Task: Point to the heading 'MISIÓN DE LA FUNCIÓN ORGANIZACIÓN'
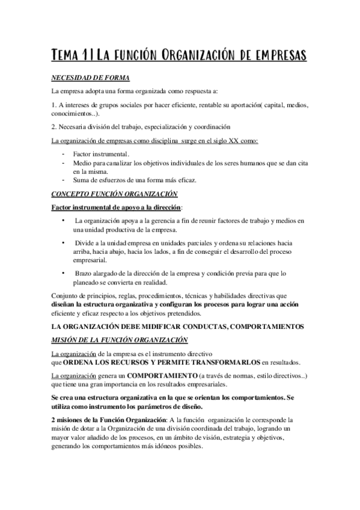pos(117,340)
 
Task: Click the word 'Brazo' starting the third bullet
pos(84,274)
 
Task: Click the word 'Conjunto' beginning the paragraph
pos(66,296)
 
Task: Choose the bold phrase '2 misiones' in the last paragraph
pos(69,419)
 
